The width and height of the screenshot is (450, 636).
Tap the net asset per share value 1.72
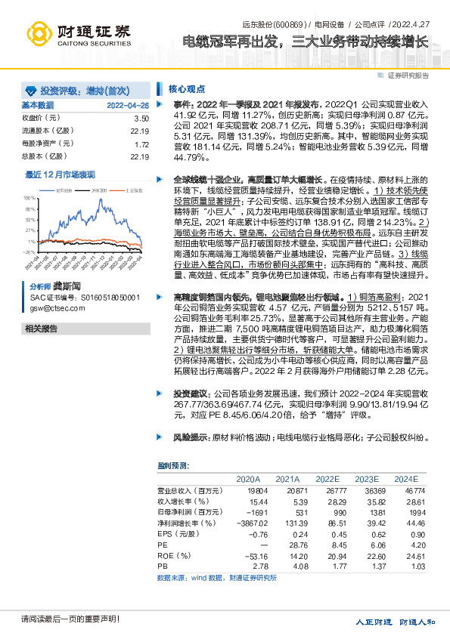click(141, 144)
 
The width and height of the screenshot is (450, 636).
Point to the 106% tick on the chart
click(29, 197)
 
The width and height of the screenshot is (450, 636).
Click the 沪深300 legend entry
click(97, 190)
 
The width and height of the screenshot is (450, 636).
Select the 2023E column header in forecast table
click(367, 480)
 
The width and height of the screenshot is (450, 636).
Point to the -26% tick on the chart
click(29, 252)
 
